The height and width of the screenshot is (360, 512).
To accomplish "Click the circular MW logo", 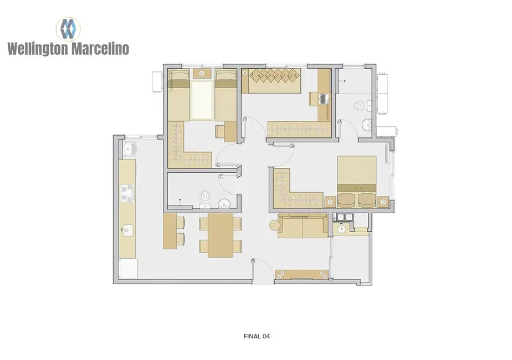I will (x=68, y=28).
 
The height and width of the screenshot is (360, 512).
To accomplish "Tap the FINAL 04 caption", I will (x=256, y=336).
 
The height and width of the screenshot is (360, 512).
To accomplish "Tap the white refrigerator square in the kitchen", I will (x=129, y=269).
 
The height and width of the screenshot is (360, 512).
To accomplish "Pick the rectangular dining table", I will (x=221, y=235).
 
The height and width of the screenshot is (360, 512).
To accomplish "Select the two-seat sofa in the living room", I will (x=302, y=225).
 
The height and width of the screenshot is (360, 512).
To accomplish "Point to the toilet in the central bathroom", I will (x=206, y=197).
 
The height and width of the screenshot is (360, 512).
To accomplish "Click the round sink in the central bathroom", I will (x=224, y=203).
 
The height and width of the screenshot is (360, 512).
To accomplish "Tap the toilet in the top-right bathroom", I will (x=360, y=105).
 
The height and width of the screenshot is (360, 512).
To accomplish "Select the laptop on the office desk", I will (x=324, y=100).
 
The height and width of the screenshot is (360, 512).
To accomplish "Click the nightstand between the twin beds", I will (x=202, y=73).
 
